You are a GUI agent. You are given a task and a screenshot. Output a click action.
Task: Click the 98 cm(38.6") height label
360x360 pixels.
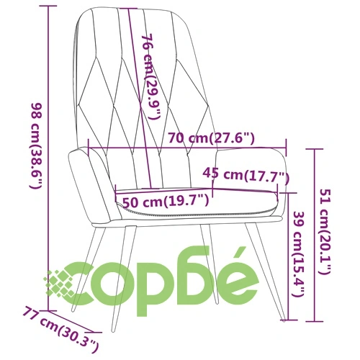pos(37,145)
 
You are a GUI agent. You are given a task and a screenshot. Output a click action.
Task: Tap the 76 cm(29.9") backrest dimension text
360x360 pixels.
pos(150,76)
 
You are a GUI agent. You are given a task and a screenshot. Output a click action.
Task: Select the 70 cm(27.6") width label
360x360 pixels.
pos(211,138)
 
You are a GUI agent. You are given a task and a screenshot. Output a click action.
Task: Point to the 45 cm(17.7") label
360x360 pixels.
pos(246,175)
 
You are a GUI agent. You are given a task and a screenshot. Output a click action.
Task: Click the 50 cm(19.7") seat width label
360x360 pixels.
pos(166,202)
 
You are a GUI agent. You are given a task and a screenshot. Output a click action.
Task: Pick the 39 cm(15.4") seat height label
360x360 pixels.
pos(298,254)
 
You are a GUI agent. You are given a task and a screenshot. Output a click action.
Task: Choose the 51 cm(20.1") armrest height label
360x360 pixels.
pos(325,232)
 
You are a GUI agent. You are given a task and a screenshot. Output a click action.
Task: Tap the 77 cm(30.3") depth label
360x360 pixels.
pos(61,330)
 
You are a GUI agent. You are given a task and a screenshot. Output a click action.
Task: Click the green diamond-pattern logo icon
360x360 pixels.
pos(59,284)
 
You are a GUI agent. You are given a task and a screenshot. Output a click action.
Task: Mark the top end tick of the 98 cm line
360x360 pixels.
pos(49,6)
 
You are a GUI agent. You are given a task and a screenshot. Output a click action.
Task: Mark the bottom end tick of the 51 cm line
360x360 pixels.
pos(314,320)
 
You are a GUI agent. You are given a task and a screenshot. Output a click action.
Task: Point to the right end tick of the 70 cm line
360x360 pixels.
pos(286,147)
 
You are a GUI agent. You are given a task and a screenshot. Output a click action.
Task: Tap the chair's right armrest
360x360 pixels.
pos(250,168)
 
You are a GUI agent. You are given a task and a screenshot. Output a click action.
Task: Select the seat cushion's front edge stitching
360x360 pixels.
pos(197,212)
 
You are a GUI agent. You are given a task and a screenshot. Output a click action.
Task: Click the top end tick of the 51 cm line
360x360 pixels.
pos(314,149)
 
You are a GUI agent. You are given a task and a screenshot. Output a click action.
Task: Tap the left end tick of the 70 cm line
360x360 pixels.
pos(89,148)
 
